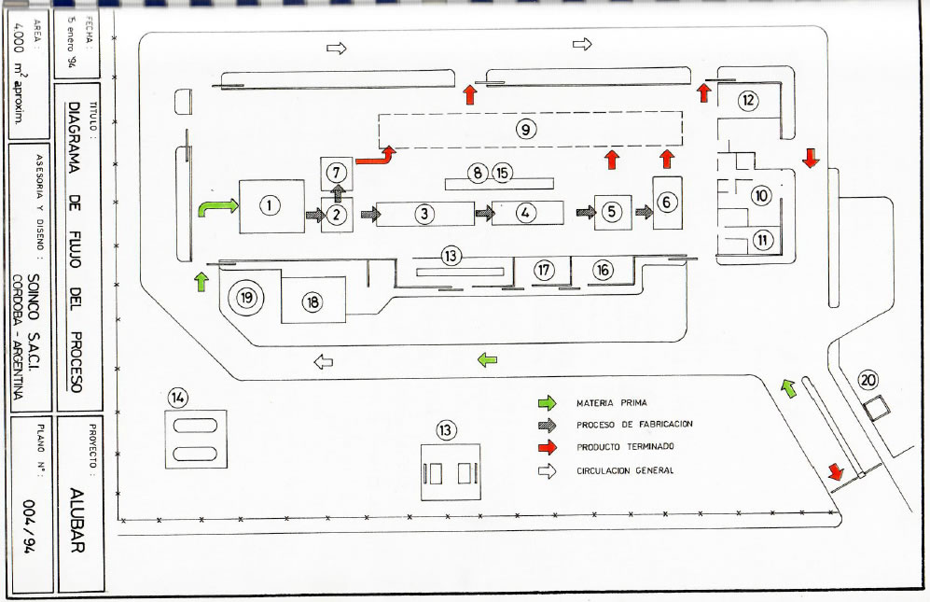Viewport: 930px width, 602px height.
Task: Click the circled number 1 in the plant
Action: (271, 206)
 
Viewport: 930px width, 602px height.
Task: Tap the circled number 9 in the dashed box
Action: (527, 130)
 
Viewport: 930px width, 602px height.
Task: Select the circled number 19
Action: (246, 298)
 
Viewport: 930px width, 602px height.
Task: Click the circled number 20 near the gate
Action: (868, 380)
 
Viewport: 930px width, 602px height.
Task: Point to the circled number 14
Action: (178, 398)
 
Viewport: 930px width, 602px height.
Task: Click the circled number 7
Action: (338, 172)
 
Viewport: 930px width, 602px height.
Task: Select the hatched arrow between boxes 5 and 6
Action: (644, 212)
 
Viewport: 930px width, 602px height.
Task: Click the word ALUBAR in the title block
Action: (78, 521)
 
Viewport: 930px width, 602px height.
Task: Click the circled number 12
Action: (748, 100)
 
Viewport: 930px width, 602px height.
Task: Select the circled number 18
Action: (312, 302)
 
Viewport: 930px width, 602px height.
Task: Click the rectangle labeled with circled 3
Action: (425, 213)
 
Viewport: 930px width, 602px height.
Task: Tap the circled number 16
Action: (603, 269)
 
